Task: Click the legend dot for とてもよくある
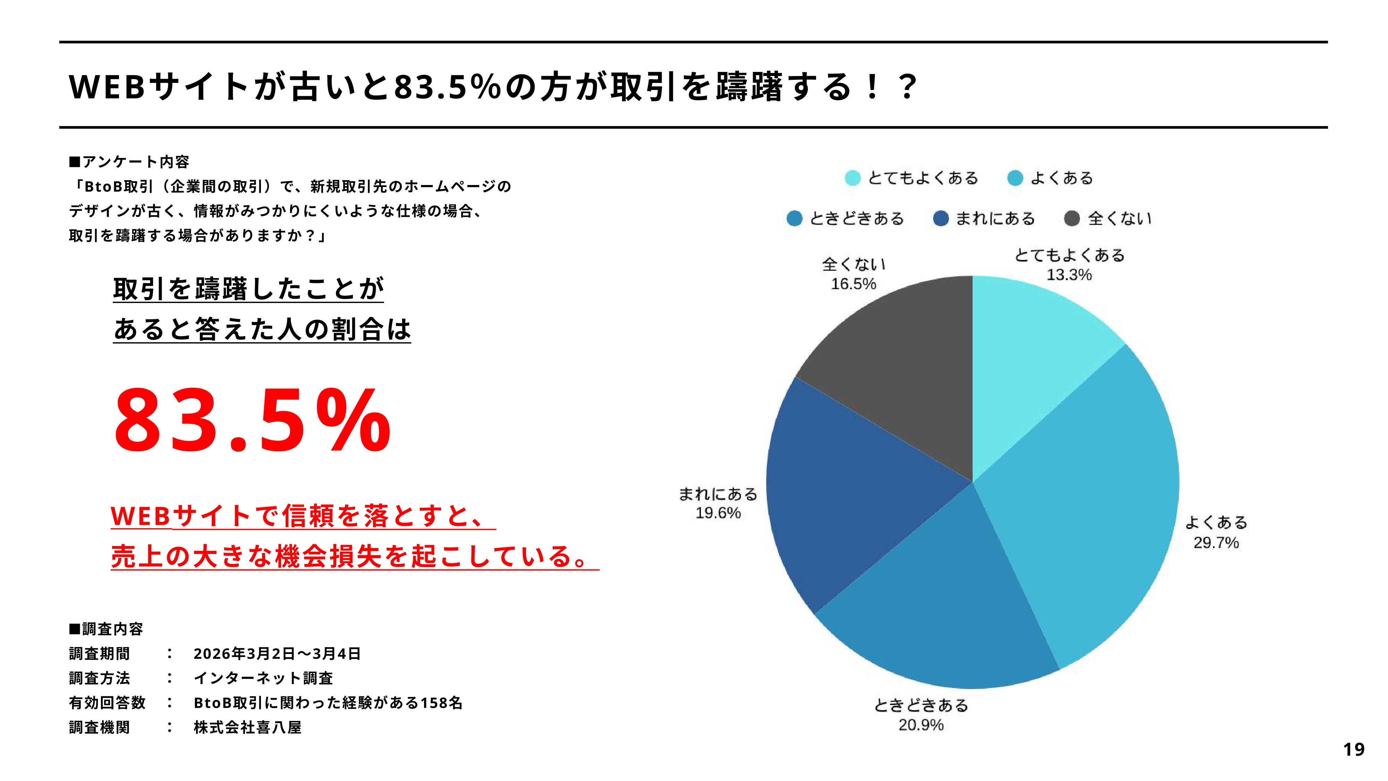coord(853,178)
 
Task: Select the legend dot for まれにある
coord(941,218)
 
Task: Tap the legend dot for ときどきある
coord(794,218)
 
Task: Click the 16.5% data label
coord(854,284)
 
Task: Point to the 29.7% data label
coord(1216,543)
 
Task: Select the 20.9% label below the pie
coord(921,725)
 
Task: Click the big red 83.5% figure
coord(252,420)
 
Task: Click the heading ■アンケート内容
coord(129,162)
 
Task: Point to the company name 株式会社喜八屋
coord(247,728)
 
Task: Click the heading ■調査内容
coord(106,629)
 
